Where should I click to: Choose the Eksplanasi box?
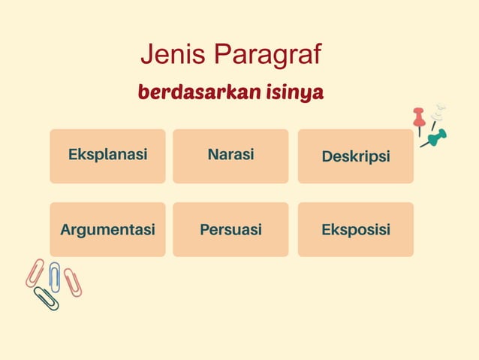(x=107, y=156)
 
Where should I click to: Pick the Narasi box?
(x=230, y=156)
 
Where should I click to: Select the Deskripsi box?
(x=355, y=156)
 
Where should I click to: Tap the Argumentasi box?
(x=107, y=229)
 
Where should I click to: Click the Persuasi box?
(x=230, y=229)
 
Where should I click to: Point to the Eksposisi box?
(x=355, y=229)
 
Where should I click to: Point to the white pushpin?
(x=440, y=112)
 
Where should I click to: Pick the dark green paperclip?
(x=46, y=298)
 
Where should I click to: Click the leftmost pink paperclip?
(x=35, y=273)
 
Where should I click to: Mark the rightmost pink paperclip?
(x=73, y=282)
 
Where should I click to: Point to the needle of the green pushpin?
(x=425, y=144)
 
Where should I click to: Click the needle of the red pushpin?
(x=420, y=132)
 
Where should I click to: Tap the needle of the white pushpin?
(x=434, y=126)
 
